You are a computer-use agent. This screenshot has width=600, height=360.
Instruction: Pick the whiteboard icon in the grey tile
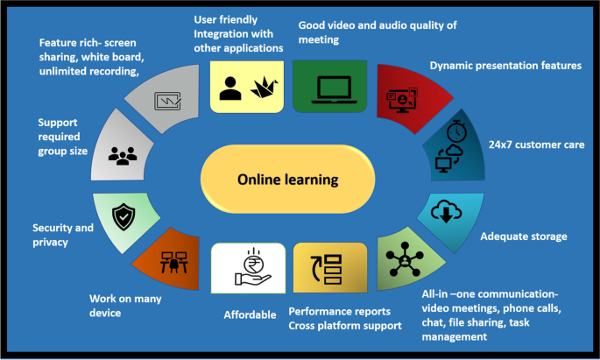[x=166, y=98]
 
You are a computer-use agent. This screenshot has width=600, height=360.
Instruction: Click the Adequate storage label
[x=524, y=236]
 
